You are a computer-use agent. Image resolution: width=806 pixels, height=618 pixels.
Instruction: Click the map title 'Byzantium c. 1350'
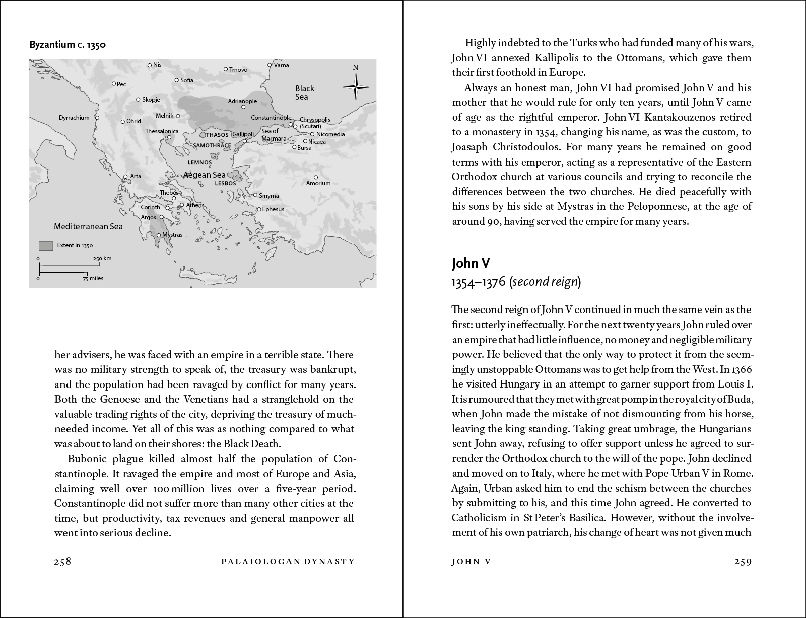(x=68, y=45)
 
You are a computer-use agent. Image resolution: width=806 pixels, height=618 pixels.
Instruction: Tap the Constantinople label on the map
(x=272, y=118)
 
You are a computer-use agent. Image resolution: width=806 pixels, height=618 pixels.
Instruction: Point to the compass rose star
(x=356, y=87)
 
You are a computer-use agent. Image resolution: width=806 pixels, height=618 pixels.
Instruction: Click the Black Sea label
(x=304, y=92)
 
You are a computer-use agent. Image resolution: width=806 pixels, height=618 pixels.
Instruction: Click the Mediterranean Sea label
(x=88, y=226)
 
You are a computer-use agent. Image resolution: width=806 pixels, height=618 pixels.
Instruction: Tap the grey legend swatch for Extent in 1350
(x=46, y=246)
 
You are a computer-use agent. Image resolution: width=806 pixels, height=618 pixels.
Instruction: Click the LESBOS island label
(x=225, y=183)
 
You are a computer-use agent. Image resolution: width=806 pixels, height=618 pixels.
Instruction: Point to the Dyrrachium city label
(x=74, y=118)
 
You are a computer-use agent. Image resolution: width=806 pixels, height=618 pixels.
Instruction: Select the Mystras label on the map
(x=172, y=235)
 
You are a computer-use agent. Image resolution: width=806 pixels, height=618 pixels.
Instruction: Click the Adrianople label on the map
(x=242, y=101)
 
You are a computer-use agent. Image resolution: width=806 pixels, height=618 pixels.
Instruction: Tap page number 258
(x=63, y=562)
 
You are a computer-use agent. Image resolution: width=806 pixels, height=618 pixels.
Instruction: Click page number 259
(x=743, y=562)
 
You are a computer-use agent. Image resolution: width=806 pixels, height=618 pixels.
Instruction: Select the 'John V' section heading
(x=471, y=263)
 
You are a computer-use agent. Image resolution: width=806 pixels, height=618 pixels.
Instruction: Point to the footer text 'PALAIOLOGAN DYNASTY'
(x=288, y=562)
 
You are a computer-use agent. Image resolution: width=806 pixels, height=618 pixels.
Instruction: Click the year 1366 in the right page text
(x=743, y=369)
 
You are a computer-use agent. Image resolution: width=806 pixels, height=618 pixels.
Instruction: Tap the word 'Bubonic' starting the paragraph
(x=85, y=459)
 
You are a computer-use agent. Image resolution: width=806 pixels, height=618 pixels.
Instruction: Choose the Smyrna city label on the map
(x=268, y=196)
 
